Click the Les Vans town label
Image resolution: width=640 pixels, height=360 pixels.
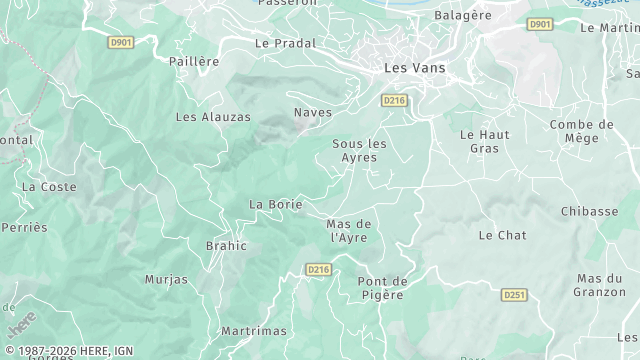(x=415, y=68)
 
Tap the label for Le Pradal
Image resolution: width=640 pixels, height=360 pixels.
(x=285, y=43)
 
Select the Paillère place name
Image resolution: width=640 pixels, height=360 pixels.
(x=194, y=61)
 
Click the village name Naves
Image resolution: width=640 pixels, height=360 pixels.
(x=313, y=112)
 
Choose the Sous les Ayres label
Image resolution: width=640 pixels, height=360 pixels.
(x=359, y=150)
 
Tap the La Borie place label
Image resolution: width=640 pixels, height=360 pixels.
(x=275, y=204)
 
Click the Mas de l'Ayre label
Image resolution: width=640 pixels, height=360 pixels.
(x=349, y=230)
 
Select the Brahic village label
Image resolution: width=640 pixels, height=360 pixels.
(x=225, y=245)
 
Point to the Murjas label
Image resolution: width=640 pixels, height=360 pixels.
(x=166, y=279)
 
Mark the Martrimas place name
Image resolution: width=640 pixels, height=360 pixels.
(x=254, y=331)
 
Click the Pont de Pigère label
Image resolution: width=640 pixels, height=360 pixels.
(x=381, y=287)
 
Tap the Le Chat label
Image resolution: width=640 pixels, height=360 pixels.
(x=502, y=235)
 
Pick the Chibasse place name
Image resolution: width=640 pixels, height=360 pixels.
(x=589, y=211)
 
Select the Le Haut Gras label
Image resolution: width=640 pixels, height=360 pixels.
(x=484, y=141)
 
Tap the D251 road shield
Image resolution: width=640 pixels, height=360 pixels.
(x=514, y=295)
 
